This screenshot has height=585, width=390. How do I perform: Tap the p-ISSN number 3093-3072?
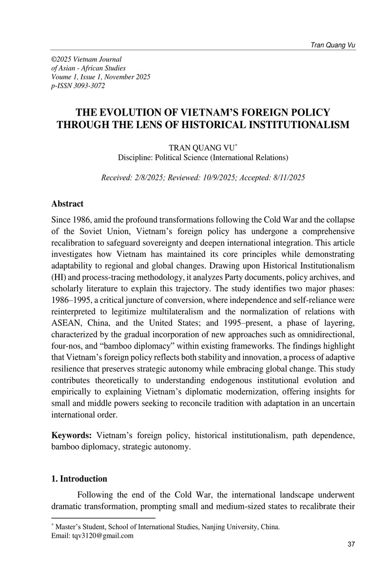tap(89, 86)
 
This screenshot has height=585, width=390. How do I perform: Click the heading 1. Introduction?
tap(79, 479)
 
